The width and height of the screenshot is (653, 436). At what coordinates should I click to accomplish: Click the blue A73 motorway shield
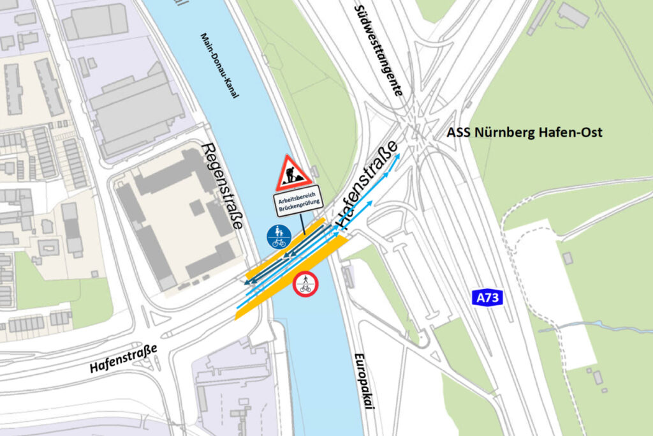click(x=488, y=297)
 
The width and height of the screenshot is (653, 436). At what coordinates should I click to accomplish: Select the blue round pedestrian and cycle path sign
click(x=279, y=236)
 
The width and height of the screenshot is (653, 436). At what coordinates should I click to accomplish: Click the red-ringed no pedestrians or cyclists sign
click(x=305, y=283)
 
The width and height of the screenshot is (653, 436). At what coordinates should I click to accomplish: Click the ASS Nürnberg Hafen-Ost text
click(x=524, y=133)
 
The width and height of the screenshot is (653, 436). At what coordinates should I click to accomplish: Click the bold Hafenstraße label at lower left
click(x=122, y=359)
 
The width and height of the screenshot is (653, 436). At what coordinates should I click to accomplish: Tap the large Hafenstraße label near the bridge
click(x=367, y=185)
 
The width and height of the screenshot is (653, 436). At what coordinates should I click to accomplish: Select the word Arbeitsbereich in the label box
click(x=297, y=199)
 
